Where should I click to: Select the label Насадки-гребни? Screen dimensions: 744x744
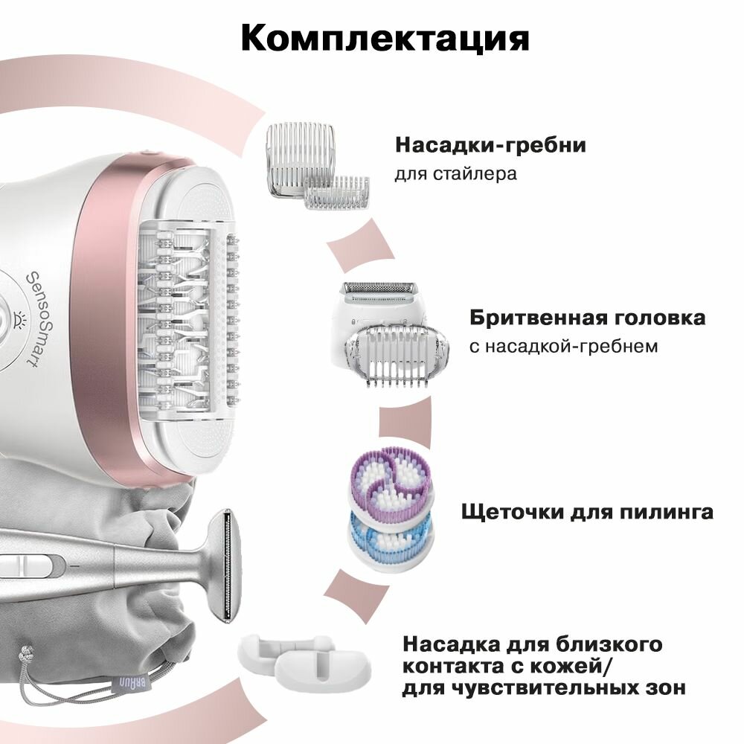click(x=490, y=144)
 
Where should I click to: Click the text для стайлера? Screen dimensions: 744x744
click(x=455, y=175)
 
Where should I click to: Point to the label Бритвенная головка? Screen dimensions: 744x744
click(x=587, y=318)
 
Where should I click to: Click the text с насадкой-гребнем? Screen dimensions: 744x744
click(x=563, y=346)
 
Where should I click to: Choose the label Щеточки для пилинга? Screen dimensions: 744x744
click(x=588, y=512)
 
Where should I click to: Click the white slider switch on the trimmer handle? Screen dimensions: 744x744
click(x=19, y=568)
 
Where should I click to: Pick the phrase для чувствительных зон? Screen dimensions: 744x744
click(x=543, y=688)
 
